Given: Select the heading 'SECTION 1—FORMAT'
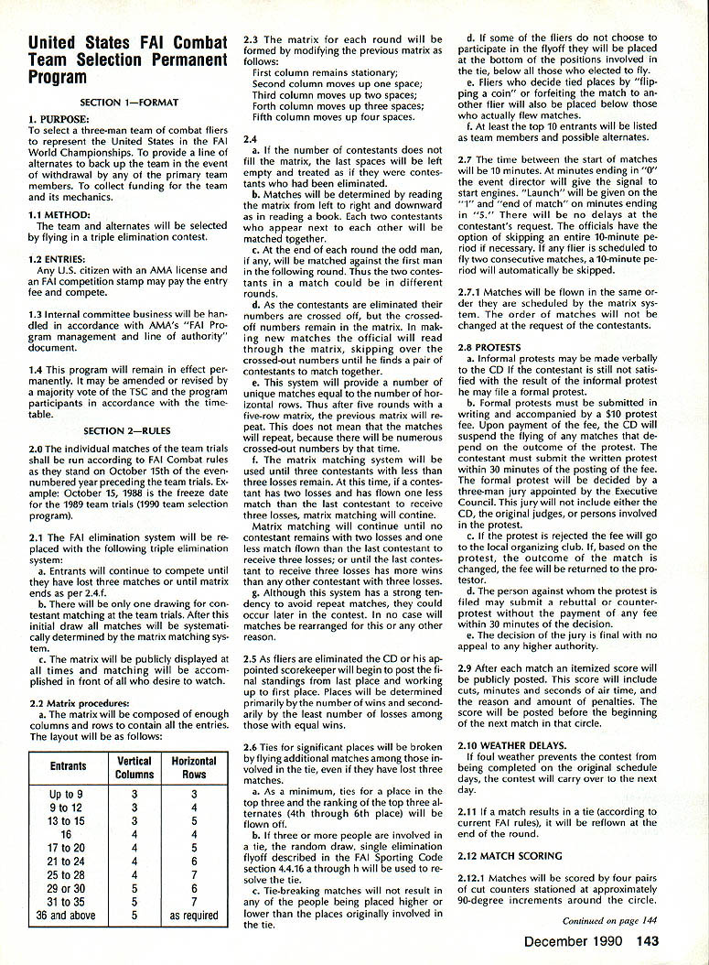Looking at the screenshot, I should pos(128,102).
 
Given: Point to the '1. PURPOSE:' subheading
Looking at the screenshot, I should pos(59,120).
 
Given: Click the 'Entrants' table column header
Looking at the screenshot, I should pos(69,766).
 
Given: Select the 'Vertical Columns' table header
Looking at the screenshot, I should pos(135,767).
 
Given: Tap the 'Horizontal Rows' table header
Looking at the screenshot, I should pos(194,767).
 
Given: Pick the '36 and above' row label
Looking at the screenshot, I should pos(69,915).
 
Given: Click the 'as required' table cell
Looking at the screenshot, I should pos(194,915).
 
